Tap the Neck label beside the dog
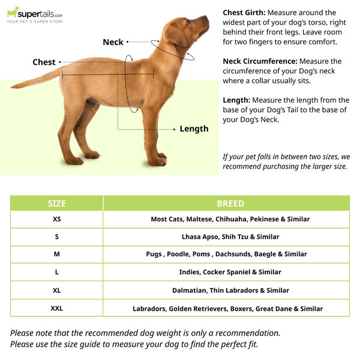point(113,42)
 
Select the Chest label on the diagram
point(44,62)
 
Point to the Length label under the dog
point(194,128)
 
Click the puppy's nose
point(207,19)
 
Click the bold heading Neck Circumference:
point(260,61)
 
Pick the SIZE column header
point(56,203)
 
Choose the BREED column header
point(230,203)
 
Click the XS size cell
point(56,219)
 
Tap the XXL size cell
point(56,308)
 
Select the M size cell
point(56,254)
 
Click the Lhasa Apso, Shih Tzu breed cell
point(230,237)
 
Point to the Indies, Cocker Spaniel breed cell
point(230,272)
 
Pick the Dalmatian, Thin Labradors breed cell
point(230,290)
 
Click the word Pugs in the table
point(154,254)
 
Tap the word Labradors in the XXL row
point(150,309)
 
